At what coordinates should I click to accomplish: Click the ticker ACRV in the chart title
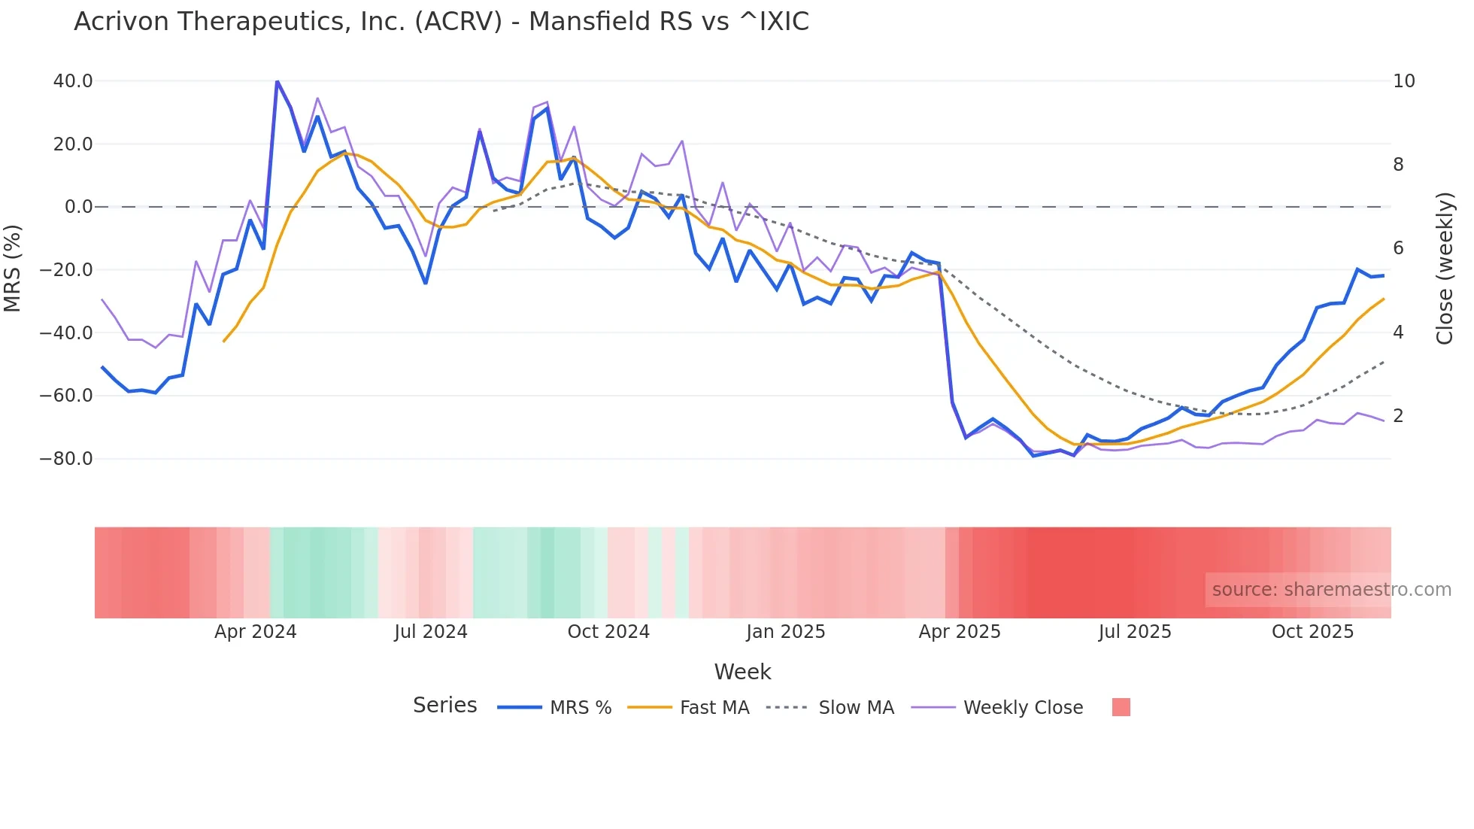click(458, 22)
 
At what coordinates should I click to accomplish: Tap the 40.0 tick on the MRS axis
click(73, 81)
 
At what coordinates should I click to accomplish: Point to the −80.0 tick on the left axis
click(66, 459)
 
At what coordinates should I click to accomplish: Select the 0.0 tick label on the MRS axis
click(78, 207)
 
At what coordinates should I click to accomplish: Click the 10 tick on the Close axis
click(1403, 81)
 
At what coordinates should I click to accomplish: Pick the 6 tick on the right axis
click(1398, 248)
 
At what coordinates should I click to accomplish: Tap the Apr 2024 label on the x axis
click(255, 632)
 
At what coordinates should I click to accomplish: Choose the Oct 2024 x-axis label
click(608, 632)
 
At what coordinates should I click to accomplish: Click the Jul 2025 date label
click(1134, 632)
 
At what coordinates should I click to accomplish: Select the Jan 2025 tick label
click(785, 632)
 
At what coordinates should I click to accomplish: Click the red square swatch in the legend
click(1121, 707)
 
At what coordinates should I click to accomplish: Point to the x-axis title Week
click(742, 672)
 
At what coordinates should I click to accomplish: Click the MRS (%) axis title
click(13, 269)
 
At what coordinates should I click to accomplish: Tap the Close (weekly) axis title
click(1444, 269)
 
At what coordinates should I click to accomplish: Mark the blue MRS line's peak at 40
click(277, 81)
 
